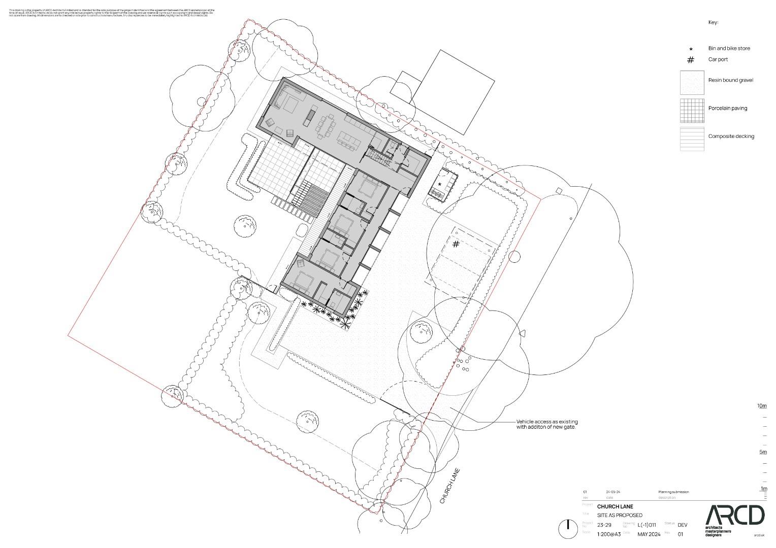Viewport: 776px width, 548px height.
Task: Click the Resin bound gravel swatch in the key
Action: coord(692,82)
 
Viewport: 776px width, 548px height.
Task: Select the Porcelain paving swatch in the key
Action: coord(692,110)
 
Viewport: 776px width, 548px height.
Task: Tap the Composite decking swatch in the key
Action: coord(692,139)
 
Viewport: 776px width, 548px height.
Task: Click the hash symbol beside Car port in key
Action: coord(691,60)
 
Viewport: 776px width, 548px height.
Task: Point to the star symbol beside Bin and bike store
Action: coord(691,49)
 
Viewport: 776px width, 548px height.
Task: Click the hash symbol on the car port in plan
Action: coord(456,244)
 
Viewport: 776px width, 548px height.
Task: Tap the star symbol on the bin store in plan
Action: coord(440,184)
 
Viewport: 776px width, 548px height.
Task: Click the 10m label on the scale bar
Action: coord(762,406)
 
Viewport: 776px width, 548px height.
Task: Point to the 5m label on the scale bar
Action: coord(763,452)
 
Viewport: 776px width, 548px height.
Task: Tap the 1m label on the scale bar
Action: coord(763,489)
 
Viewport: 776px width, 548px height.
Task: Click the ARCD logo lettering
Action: coord(734,515)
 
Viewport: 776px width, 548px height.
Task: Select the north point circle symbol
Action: coord(567,529)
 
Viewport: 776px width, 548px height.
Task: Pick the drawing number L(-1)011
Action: coord(647,525)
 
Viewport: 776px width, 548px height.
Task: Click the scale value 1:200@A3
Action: coord(609,534)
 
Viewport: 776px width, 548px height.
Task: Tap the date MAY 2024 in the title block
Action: coord(649,534)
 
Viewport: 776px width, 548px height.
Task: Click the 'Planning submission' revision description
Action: coord(673,492)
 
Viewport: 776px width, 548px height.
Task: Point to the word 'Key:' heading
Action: coord(714,23)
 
